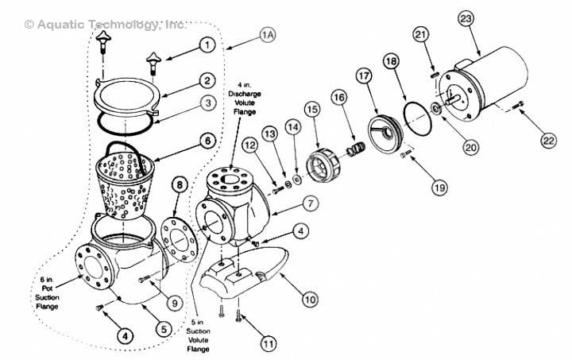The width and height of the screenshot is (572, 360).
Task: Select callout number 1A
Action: (268, 35)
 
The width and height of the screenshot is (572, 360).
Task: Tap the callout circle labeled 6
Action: (207, 141)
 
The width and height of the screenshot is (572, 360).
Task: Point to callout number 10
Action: (309, 300)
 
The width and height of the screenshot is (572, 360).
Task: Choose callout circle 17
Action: (363, 77)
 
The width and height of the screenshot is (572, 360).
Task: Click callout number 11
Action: (270, 343)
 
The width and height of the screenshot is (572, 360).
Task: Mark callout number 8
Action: (180, 185)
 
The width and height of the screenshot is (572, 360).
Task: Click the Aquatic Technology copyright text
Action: (95, 25)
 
